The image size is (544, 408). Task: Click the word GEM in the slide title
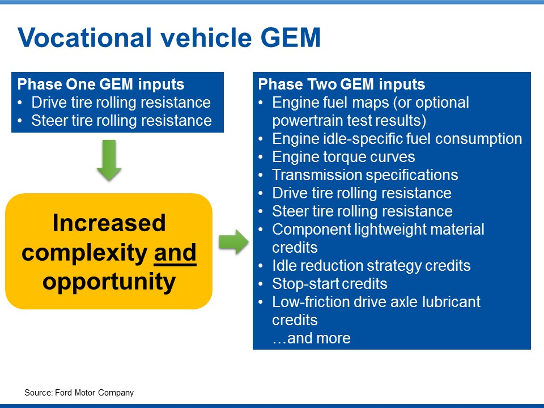click(290, 37)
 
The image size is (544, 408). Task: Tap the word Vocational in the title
click(84, 37)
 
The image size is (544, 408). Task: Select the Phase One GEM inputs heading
click(101, 84)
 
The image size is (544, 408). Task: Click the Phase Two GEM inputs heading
click(341, 84)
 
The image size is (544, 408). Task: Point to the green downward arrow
click(109, 160)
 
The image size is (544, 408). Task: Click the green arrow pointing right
click(233, 242)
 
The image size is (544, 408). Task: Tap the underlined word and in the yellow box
click(175, 253)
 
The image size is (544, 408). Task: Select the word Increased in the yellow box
click(109, 223)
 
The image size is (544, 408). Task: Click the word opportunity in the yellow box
click(109, 282)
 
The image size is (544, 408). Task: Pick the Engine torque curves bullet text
click(343, 157)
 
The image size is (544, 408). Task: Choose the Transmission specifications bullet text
click(365, 175)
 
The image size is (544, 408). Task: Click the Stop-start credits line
click(330, 284)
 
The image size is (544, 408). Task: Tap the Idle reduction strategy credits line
click(371, 266)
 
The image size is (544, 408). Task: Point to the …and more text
click(311, 338)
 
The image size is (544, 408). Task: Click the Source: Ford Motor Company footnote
click(79, 393)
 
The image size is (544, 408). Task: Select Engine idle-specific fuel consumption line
click(397, 139)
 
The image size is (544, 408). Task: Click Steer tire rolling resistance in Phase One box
click(121, 121)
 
